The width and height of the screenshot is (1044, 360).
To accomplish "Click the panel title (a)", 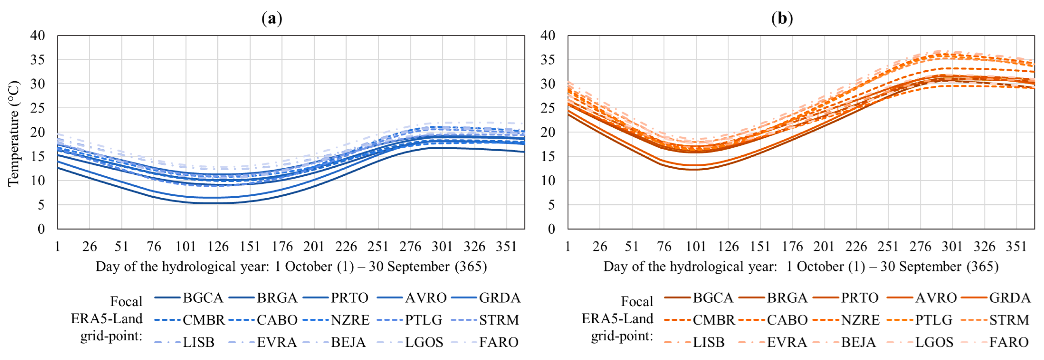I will point(272,19).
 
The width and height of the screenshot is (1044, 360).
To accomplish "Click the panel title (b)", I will point(782,19).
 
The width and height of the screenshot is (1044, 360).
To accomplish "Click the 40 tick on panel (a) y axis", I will point(38,36).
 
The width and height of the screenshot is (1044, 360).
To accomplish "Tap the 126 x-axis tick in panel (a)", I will point(218,246).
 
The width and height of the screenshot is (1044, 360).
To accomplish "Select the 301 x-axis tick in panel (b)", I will point(952,246).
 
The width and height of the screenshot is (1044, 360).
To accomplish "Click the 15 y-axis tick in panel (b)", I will point(548,156).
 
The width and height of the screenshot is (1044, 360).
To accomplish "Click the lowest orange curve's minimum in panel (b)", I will point(695,169).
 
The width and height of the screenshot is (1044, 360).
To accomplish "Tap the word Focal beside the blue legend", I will point(126,301).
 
